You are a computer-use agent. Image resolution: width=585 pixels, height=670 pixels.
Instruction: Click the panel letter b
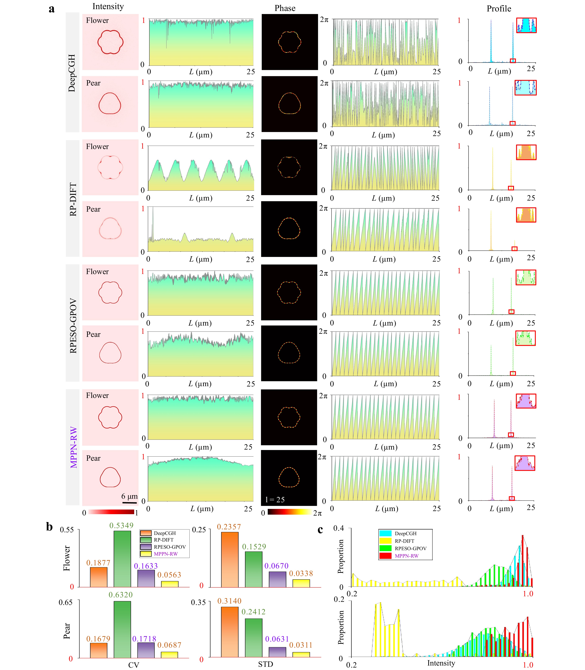click(x=49, y=527)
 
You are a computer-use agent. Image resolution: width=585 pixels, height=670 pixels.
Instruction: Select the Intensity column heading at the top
click(x=108, y=6)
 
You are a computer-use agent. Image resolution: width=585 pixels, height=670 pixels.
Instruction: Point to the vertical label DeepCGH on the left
click(x=72, y=73)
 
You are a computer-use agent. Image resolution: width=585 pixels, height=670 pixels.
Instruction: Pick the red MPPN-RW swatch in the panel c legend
click(x=385, y=556)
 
